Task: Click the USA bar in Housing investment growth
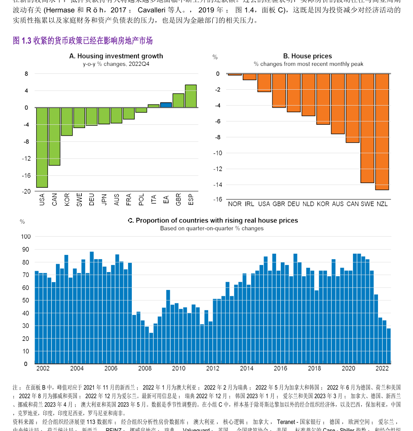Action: point(42,147)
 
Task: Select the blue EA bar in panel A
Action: point(166,105)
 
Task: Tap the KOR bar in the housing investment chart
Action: point(67,121)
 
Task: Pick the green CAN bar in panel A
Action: point(54,136)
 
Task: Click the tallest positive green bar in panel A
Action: point(191,96)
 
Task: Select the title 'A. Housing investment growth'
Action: point(116,56)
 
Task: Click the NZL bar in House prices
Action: point(382,131)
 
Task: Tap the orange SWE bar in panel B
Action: point(367,128)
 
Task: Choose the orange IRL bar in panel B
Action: point(249,77)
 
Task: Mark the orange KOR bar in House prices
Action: point(323,99)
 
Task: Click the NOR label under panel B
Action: point(235,204)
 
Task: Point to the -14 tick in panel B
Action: point(218,185)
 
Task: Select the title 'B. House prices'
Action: point(307,56)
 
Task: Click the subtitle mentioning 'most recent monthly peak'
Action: point(308,64)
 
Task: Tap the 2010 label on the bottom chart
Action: point(179,368)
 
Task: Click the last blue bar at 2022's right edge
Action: point(389,346)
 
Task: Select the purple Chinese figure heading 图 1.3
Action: point(83,40)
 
